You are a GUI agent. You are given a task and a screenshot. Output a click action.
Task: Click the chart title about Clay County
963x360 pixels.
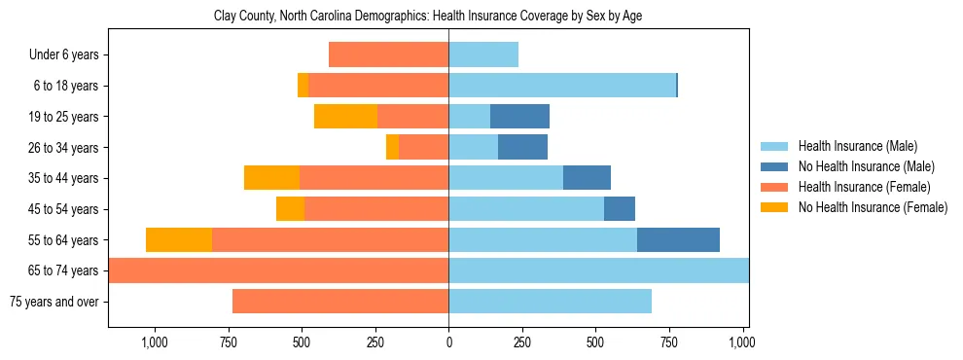pyautogui.click(x=428, y=17)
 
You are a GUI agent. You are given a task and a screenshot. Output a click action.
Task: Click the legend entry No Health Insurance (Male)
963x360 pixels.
pyautogui.click(x=866, y=166)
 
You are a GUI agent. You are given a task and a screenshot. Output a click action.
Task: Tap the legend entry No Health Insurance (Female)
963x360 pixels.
pyautogui.click(x=873, y=207)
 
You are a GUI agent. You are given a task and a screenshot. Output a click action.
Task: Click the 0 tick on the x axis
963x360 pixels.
pyautogui.click(x=448, y=342)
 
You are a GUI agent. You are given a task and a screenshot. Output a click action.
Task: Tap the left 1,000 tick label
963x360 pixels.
pyautogui.click(x=155, y=342)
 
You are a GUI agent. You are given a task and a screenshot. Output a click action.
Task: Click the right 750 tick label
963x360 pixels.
pyautogui.click(x=669, y=342)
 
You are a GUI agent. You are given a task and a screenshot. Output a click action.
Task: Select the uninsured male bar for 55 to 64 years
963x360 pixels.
pyautogui.click(x=678, y=239)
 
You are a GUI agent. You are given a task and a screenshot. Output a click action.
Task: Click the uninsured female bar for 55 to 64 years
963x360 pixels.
pyautogui.click(x=179, y=239)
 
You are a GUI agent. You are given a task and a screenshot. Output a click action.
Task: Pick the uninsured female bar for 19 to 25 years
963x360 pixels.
pyautogui.click(x=345, y=117)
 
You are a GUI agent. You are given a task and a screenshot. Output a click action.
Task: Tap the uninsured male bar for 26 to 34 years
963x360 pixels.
pyautogui.click(x=522, y=147)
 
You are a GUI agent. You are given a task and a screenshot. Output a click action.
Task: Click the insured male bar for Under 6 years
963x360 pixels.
pyautogui.click(x=483, y=54)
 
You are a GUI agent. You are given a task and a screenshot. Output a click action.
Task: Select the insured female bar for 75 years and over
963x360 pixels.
pyautogui.click(x=340, y=302)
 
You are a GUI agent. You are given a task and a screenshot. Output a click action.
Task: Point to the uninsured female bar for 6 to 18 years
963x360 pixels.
pyautogui.click(x=303, y=86)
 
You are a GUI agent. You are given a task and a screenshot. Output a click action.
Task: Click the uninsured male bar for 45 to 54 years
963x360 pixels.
pyautogui.click(x=620, y=209)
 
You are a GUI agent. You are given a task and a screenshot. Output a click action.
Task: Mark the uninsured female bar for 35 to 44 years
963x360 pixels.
pyautogui.click(x=271, y=178)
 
